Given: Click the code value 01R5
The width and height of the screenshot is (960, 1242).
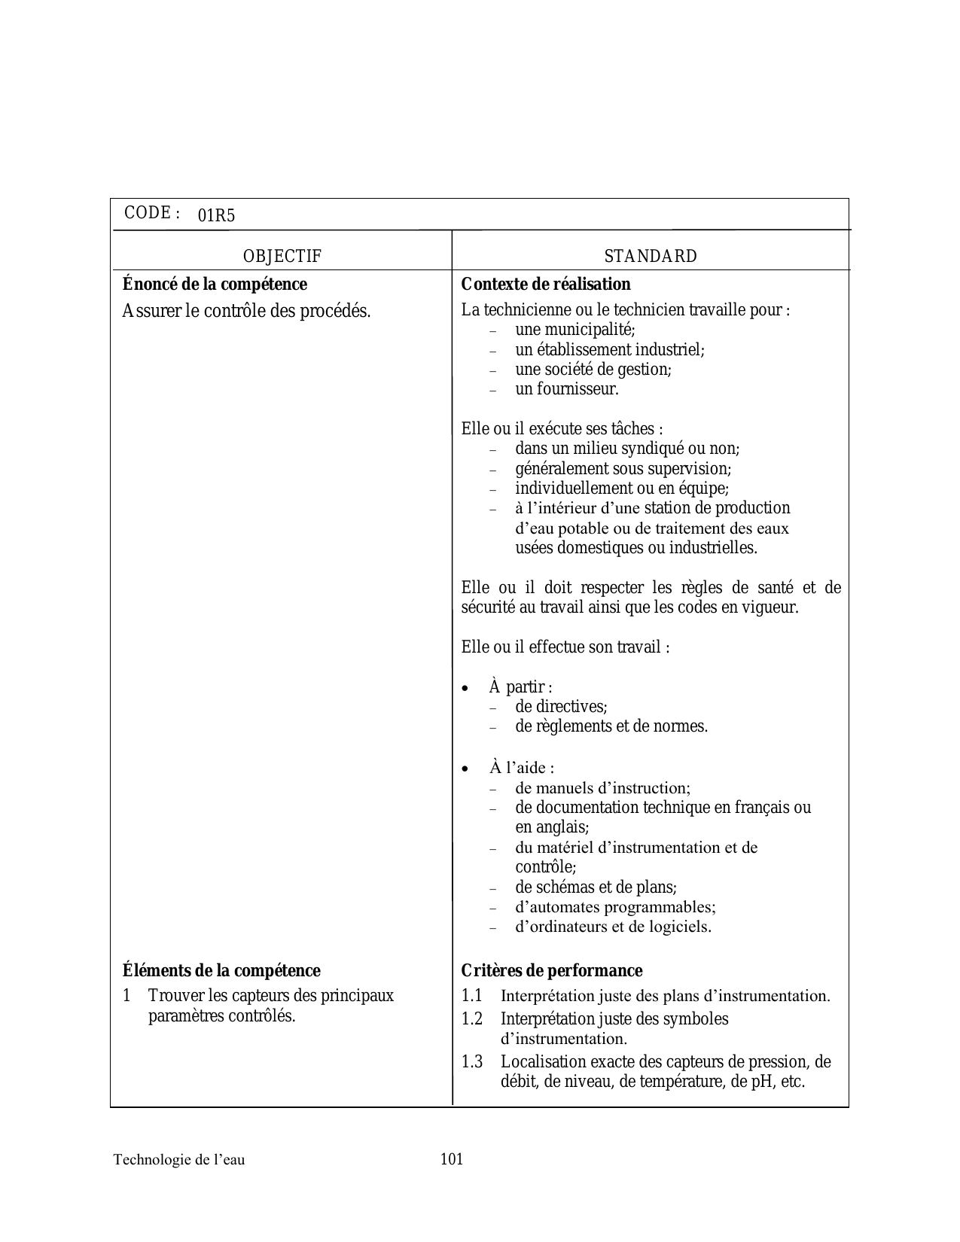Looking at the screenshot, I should (x=216, y=216).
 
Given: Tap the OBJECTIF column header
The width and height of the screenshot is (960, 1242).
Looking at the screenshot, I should (x=282, y=256).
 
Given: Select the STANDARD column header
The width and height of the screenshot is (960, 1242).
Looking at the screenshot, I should (x=651, y=256).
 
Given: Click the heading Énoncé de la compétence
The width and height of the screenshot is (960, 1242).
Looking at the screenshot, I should (x=215, y=285).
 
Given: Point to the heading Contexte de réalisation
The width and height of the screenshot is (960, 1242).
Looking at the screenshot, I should (x=546, y=285).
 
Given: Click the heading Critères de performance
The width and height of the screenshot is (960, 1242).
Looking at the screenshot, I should (x=551, y=970).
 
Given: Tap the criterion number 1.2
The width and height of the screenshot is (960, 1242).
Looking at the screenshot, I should (x=472, y=1018).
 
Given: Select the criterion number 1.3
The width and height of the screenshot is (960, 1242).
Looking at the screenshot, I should (x=472, y=1061).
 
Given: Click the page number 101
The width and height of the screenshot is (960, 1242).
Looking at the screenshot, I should (x=452, y=1158).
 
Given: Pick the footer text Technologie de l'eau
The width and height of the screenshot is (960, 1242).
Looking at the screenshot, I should (x=179, y=1159).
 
